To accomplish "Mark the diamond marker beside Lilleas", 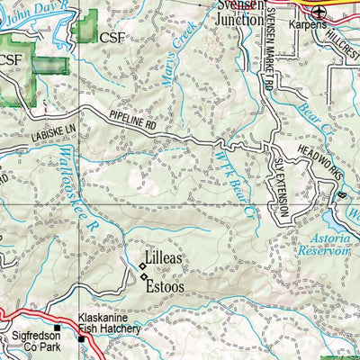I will [x=141, y=265].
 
